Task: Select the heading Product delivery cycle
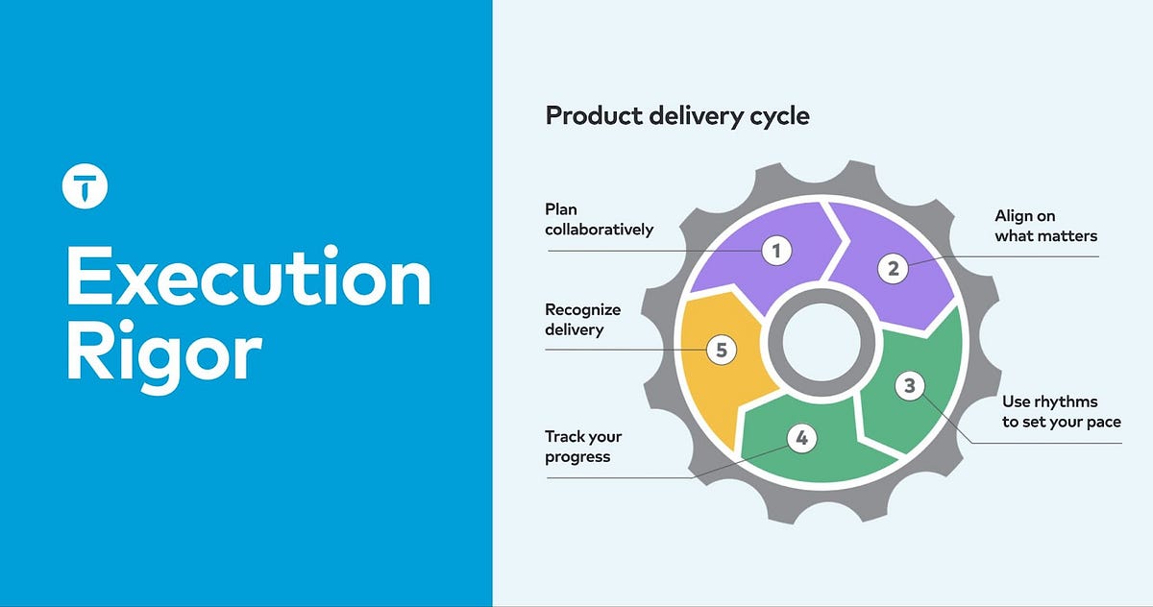[x=677, y=116]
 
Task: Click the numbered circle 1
[x=776, y=252]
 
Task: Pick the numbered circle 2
[x=894, y=268]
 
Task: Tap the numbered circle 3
[x=909, y=386]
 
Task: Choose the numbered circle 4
[x=802, y=439]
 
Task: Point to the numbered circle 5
[x=722, y=350]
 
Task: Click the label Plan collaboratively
[x=599, y=219]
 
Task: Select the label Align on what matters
[x=1045, y=226]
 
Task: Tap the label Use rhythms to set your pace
[x=1061, y=411]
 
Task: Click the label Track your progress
[x=583, y=447]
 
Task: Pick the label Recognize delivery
[x=582, y=319]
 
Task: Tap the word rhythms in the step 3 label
[x=1067, y=401]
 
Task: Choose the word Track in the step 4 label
[x=565, y=437]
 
